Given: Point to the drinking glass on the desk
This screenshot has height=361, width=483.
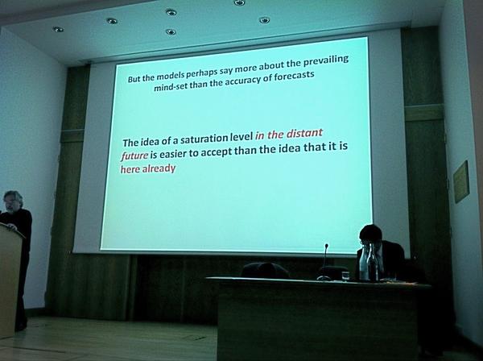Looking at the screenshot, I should click(345, 276).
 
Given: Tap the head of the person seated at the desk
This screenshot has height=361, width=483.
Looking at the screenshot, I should click(370, 236).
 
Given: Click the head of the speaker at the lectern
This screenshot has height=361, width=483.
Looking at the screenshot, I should click(14, 201).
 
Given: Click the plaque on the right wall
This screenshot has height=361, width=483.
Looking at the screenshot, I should click(460, 181).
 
